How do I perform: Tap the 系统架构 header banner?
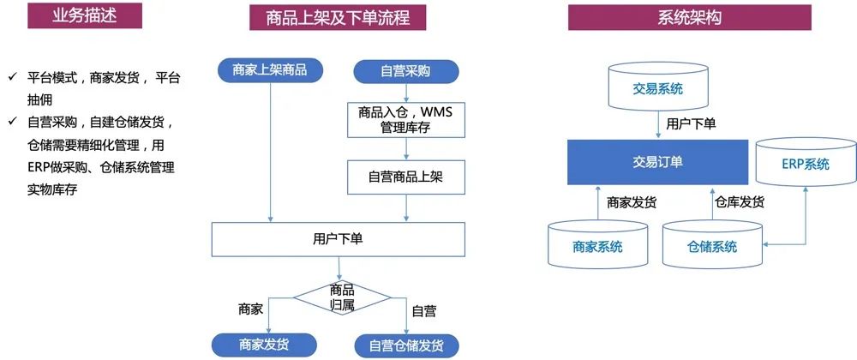tap(689, 16)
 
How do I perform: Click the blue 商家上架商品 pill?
tap(270, 70)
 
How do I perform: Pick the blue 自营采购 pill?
tap(405, 71)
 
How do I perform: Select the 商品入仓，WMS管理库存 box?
tap(405, 119)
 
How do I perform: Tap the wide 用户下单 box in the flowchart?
tap(339, 239)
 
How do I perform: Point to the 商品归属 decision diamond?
tap(342, 297)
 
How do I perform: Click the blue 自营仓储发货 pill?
tap(406, 345)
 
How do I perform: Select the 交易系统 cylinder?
tap(659, 89)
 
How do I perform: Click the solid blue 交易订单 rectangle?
tap(652, 162)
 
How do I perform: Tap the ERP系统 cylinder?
tap(805, 163)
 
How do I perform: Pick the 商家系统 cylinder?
tap(597, 246)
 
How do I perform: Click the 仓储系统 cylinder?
tap(712, 246)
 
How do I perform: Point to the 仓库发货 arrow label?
tap(740, 202)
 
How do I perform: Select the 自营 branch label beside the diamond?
tap(424, 310)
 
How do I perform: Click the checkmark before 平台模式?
tap(12, 77)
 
